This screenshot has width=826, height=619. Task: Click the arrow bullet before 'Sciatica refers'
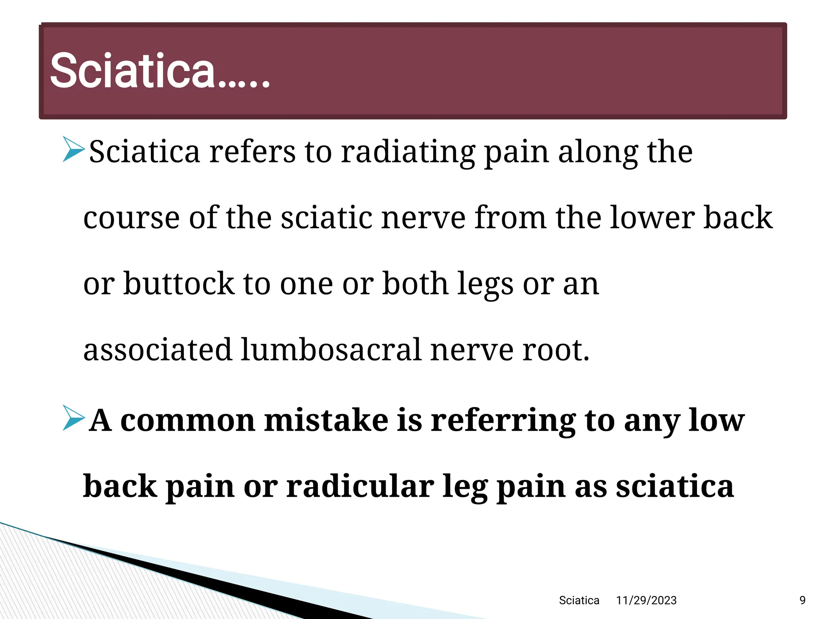[73, 150]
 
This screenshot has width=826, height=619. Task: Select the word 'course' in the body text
[131, 218]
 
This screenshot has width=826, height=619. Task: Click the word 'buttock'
[179, 284]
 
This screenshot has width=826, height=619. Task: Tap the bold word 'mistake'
[326, 420]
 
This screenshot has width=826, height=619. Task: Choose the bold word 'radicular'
[360, 486]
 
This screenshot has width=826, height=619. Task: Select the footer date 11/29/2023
[646, 600]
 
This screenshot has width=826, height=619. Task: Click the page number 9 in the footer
[802, 600]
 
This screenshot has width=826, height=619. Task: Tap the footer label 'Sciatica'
[579, 600]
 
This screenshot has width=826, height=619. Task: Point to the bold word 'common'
[188, 421]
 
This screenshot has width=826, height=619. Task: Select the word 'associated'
[158, 349]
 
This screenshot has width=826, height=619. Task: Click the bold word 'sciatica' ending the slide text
[674, 486]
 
